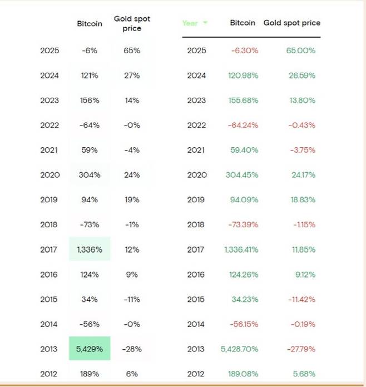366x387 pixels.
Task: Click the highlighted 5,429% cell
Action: (90, 349)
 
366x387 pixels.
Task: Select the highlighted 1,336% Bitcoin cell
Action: (90, 249)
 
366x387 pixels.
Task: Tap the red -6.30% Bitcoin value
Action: (245, 51)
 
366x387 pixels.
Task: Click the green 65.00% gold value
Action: (301, 51)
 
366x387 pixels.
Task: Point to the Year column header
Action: (190, 23)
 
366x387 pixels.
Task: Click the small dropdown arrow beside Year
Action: (205, 23)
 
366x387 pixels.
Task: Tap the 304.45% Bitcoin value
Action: (243, 175)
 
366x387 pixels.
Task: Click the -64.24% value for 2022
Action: (243, 125)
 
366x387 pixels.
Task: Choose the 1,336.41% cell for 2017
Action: (241, 249)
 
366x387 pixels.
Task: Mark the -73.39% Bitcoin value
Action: (243, 224)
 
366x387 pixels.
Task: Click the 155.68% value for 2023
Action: (243, 100)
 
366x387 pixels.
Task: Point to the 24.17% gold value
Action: (303, 175)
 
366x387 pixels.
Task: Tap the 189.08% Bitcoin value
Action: (243, 374)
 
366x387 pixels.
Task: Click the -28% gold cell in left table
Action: (132, 349)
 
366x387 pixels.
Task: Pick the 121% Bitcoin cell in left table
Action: (90, 76)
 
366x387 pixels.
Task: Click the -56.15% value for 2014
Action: (243, 324)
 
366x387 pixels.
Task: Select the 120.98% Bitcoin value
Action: (243, 76)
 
